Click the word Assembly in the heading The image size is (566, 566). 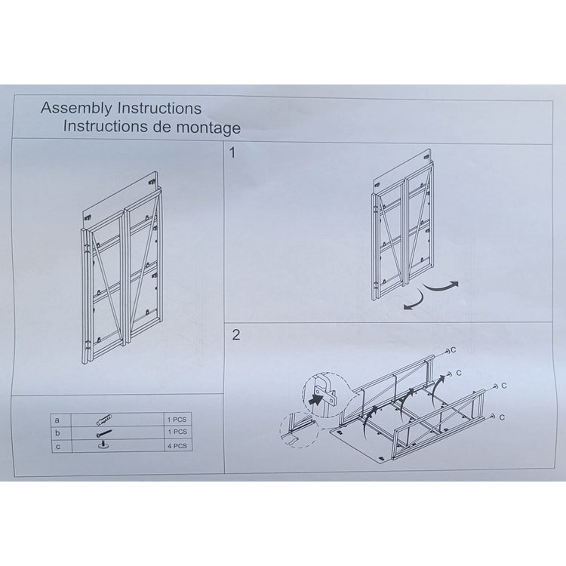[72, 109]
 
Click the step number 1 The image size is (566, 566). [233, 153]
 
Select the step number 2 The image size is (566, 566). [235, 334]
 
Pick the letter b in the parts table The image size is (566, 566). [57, 432]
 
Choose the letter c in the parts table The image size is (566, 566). [57, 446]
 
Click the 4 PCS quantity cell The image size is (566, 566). [179, 446]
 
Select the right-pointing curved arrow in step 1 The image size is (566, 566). [441, 285]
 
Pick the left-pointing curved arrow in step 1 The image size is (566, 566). [413, 302]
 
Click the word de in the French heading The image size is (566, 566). [163, 127]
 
